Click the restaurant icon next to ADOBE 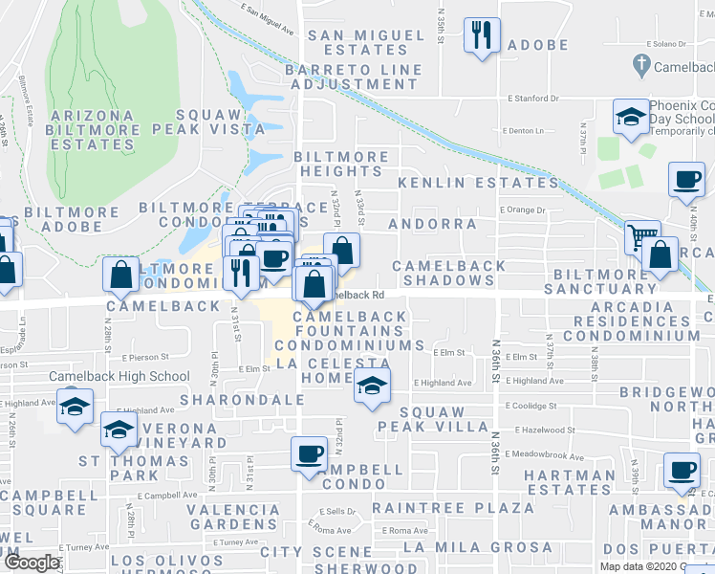(481, 35)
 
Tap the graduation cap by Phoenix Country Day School (630, 118)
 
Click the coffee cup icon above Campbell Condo (309, 453)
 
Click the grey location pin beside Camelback (641, 66)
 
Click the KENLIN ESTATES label (478, 182)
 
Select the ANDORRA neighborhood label (433, 224)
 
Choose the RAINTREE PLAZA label (453, 507)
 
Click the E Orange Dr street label (521, 210)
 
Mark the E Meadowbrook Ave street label (545, 453)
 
